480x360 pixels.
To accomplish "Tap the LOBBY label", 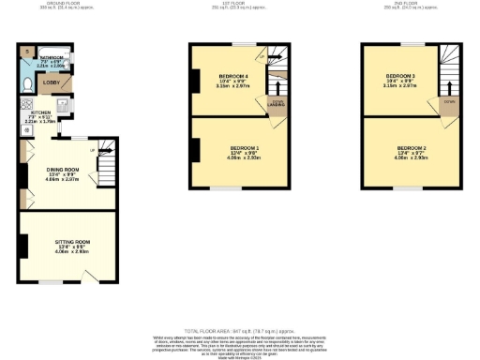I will click(x=52, y=82).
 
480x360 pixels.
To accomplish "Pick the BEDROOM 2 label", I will click(x=412, y=148).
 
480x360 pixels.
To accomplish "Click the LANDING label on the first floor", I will click(x=277, y=105).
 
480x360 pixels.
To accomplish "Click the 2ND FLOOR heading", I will click(x=412, y=4).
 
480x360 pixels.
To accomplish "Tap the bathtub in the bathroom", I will click(x=53, y=59).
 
